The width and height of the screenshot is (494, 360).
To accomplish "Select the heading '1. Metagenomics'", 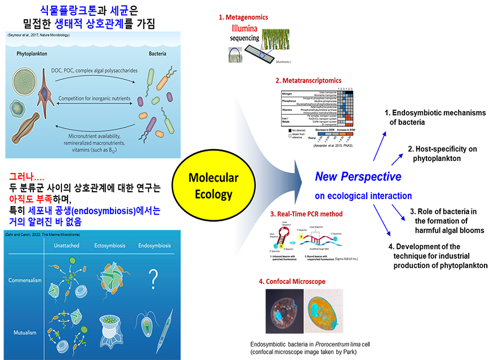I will (x=243, y=17).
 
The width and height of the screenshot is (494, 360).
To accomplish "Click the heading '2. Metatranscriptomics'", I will (x=308, y=81).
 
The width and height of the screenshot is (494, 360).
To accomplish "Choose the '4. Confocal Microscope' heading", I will (x=292, y=282).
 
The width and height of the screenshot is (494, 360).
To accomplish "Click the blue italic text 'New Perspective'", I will (x=358, y=177).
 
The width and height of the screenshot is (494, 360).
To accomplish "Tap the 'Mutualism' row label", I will (x=26, y=332).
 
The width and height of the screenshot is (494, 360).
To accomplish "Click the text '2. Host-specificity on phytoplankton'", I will (x=442, y=154).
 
